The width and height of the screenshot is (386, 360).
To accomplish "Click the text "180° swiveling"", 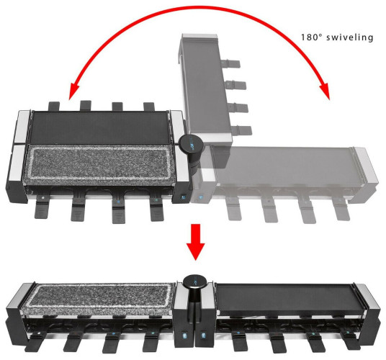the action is point(337,37).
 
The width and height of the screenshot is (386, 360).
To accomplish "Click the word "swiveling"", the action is point(349,37).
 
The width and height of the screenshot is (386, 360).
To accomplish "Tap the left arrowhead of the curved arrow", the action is point(74,91).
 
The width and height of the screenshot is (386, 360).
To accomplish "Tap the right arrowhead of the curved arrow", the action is point(325,91).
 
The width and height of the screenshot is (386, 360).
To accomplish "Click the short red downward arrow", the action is point(195,242).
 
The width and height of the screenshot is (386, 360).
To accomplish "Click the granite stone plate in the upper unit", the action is point(99,163).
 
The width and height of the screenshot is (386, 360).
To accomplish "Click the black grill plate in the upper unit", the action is point(99,127).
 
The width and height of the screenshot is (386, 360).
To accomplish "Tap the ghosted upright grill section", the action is point(205,89).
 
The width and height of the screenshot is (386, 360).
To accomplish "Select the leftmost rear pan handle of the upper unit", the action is point(54,106).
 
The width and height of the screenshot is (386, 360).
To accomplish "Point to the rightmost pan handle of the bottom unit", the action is point(351,342).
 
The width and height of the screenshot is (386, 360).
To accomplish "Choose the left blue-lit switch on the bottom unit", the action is point(184,336).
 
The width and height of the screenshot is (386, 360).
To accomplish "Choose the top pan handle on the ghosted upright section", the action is point(230,63).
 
